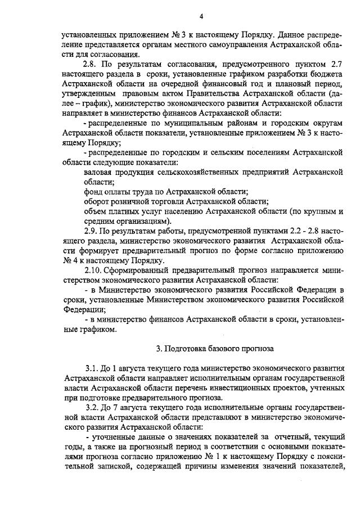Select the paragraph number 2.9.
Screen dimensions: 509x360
pyautogui.click(x=92, y=231)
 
